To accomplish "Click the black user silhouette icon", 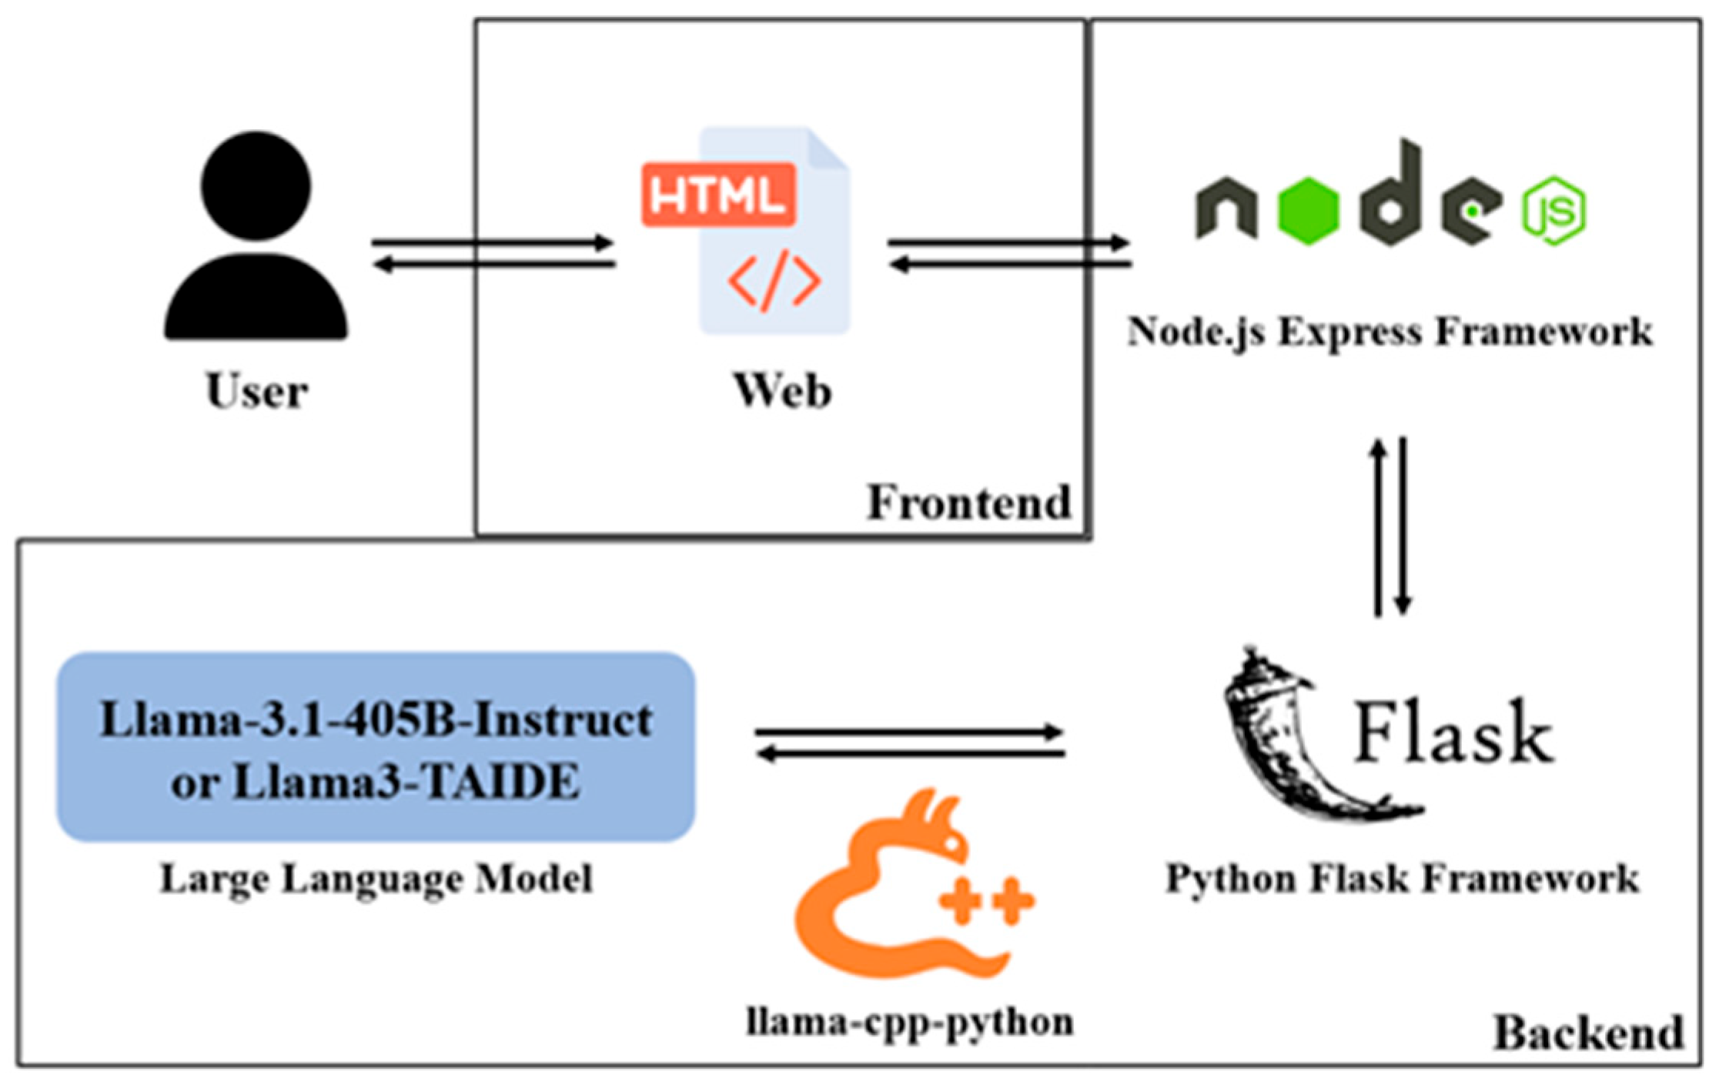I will coord(256,239).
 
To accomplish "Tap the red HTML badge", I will coord(718,195).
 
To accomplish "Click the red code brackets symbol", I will coord(774,281).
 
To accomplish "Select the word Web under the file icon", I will coord(782,391).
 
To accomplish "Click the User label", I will coord(256,391).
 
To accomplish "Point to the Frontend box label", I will coord(968,503).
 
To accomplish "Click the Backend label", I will coord(1588,1033).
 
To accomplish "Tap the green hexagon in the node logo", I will coord(1308,211).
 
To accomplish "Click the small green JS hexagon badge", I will coord(1553,210).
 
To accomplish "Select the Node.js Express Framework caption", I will coord(1390,332).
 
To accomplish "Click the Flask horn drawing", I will coord(1293,739).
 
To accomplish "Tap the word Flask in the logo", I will coord(1452,733).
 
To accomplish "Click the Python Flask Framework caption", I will coord(1402,879).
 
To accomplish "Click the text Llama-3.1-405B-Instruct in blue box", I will coord(376,720).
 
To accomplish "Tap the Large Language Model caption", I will coord(376,879).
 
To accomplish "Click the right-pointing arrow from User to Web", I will coord(493,244).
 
